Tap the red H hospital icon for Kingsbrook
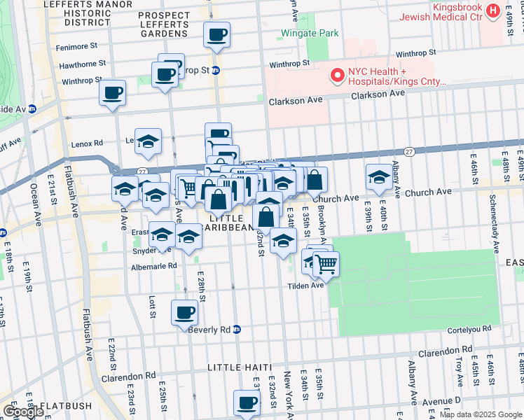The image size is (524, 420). pos(492,10)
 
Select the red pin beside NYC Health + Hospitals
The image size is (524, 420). pos(337,75)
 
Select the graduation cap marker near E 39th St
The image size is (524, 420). pos(378,176)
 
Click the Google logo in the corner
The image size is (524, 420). pos(22,412)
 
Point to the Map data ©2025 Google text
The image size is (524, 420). pos(481,414)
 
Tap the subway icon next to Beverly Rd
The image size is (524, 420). pos(237,329)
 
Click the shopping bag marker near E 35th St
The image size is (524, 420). pos(315,180)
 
